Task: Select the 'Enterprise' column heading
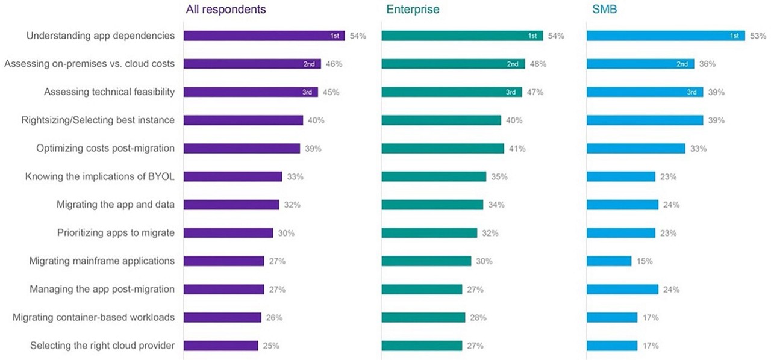pos(413,10)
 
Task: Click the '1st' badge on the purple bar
pos(335,36)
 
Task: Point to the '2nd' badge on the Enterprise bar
pos(513,64)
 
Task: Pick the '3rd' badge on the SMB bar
pos(693,92)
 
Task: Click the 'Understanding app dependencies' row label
pos(101,36)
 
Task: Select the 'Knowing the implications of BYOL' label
pos(100,176)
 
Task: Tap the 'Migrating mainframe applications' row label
pos(102,261)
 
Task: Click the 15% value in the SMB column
pos(644,261)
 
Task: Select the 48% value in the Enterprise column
pos(537,64)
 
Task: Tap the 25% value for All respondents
pos(270,346)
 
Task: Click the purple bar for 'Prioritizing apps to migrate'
pos(228,233)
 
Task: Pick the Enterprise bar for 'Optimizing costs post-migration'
pos(443,148)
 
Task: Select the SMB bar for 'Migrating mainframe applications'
pos(609,261)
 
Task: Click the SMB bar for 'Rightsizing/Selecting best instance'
pos(645,120)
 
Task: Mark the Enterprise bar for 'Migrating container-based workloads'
pos(423,317)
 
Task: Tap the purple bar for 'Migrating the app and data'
pos(231,205)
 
